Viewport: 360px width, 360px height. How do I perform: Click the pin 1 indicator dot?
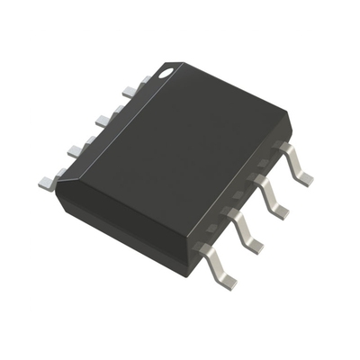coord(166,70)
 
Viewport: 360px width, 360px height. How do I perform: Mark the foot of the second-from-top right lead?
coord(281,210)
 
